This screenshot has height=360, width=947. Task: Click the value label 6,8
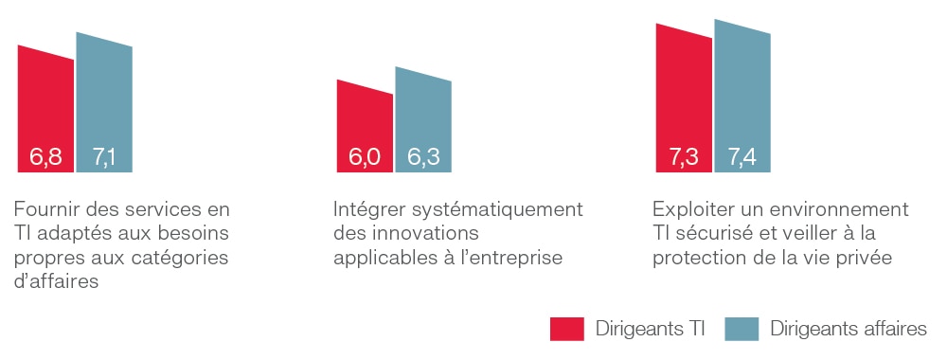(x=45, y=157)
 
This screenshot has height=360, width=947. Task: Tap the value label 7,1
(x=104, y=157)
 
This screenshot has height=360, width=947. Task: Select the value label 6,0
(x=365, y=157)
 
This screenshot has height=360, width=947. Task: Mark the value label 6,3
(x=423, y=157)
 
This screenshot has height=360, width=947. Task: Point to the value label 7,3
(x=685, y=157)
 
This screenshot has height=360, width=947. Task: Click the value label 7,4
(x=742, y=157)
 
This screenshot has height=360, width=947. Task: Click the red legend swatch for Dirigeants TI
(x=566, y=329)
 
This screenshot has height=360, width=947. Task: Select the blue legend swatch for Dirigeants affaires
(x=742, y=329)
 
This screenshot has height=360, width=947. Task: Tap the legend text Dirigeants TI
(x=651, y=329)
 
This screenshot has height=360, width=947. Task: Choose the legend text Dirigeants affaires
(x=849, y=329)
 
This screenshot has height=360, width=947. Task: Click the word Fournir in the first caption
(x=46, y=209)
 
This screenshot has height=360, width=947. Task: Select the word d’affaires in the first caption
(x=56, y=281)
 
